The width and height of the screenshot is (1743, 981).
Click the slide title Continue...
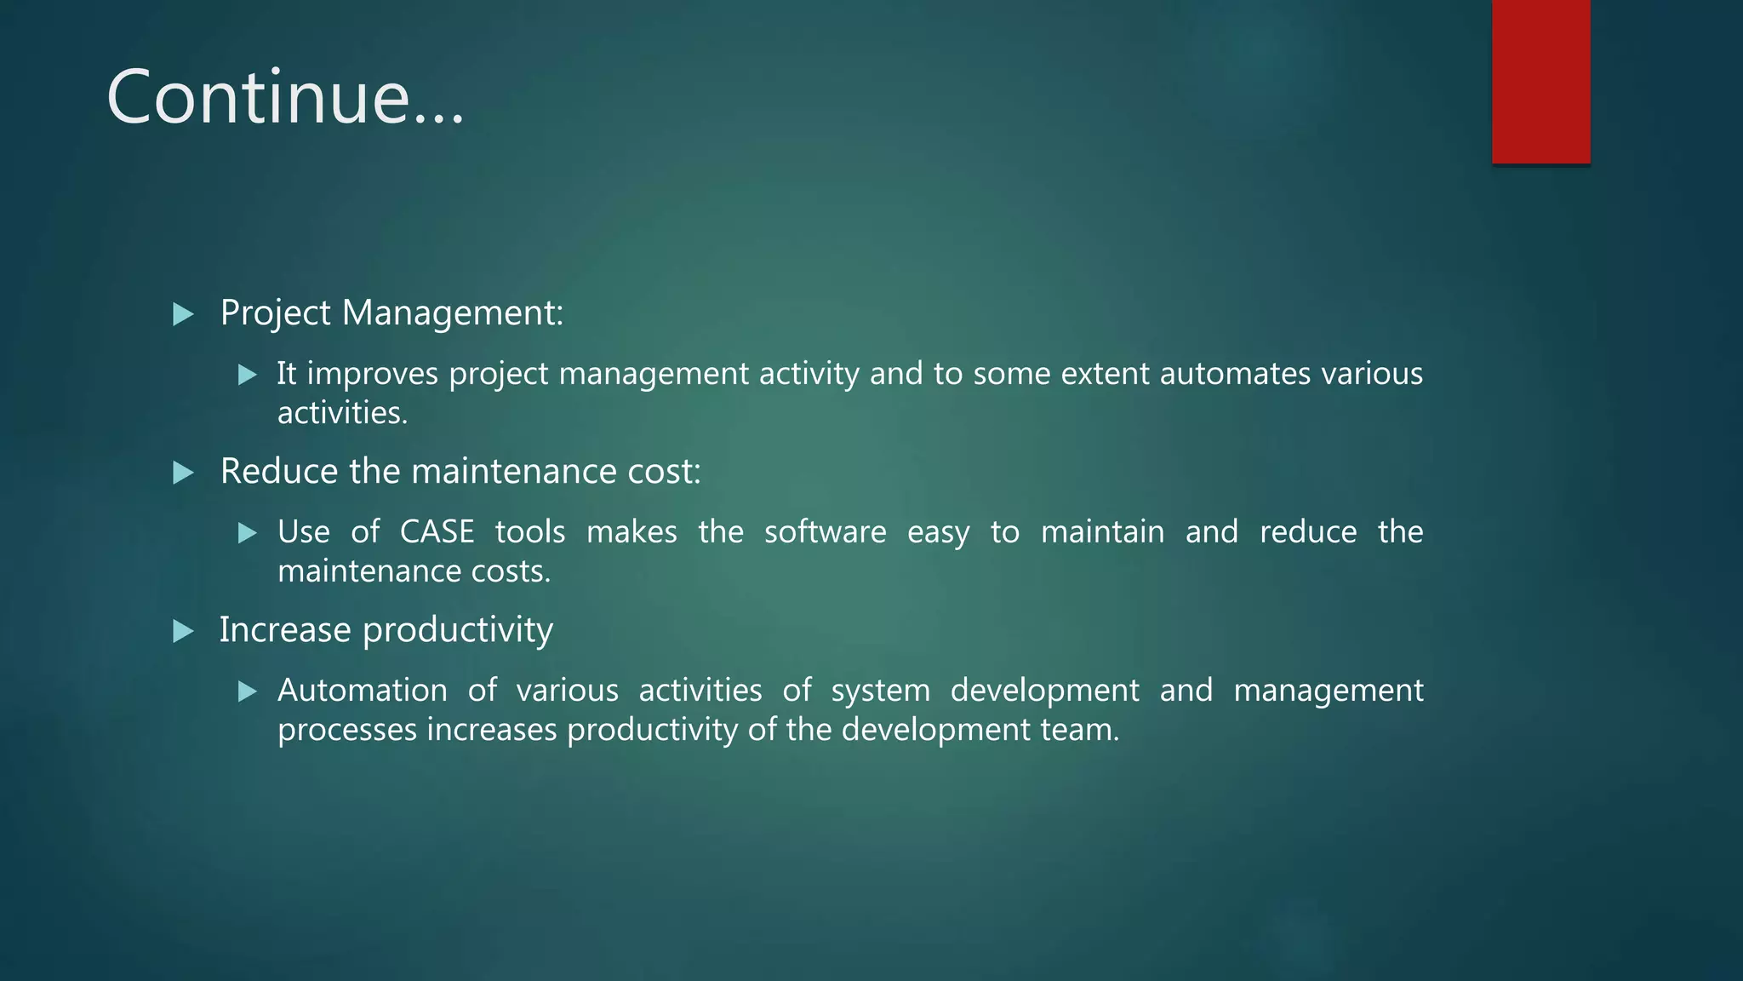point(285,97)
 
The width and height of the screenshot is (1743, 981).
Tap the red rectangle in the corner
point(1540,82)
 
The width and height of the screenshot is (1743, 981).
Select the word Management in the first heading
point(452,313)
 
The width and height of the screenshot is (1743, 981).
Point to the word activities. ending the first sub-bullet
point(342,413)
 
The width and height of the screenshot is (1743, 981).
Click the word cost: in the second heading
point(664,472)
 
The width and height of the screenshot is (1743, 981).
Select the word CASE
point(437,532)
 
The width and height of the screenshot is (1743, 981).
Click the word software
point(825,532)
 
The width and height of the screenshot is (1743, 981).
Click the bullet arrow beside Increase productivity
point(183,632)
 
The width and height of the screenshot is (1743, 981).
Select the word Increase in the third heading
point(285,630)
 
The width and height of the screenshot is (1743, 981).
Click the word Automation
point(362,691)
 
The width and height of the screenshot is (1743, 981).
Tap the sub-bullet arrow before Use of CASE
point(248,534)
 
